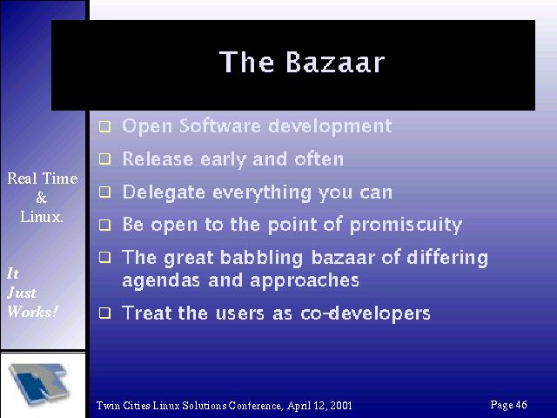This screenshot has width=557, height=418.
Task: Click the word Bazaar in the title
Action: [x=335, y=62]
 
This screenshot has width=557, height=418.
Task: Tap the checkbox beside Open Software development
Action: [x=104, y=126]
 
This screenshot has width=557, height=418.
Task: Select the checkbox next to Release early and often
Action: [x=104, y=158]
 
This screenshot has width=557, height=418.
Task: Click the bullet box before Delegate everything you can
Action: [x=104, y=192]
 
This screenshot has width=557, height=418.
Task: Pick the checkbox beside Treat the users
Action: [x=104, y=313]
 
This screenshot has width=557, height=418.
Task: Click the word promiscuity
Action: [x=406, y=225]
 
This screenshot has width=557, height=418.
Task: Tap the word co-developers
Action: [x=366, y=313]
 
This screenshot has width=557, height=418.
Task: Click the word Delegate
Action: [x=164, y=192]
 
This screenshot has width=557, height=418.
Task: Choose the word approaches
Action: [x=305, y=280]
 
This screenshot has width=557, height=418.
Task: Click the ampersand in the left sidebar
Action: [x=42, y=198]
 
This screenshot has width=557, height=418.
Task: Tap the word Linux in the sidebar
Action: [x=41, y=217]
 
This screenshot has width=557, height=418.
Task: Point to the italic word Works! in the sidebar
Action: [x=32, y=312]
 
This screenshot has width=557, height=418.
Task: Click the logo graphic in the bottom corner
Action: [x=39, y=384]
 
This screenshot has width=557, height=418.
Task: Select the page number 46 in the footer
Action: [x=521, y=404]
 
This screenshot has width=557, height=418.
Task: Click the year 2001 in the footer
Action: [x=341, y=406]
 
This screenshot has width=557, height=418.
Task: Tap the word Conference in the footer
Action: [x=256, y=406]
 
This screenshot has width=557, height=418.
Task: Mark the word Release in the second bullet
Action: [x=158, y=158]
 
